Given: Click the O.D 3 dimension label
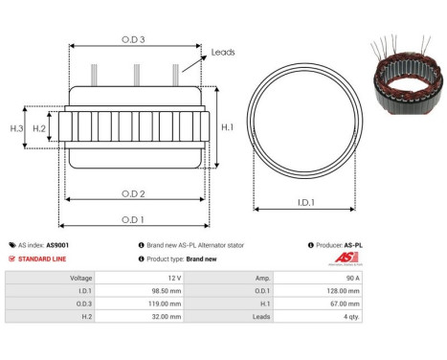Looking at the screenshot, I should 133,38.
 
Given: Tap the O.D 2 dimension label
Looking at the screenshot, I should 133,194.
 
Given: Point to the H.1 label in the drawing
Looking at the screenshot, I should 228,126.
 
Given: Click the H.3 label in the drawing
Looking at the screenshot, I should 16,127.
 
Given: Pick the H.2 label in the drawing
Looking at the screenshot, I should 39,127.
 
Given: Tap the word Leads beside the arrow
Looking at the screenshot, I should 223,53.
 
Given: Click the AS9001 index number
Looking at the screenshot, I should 57,245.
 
